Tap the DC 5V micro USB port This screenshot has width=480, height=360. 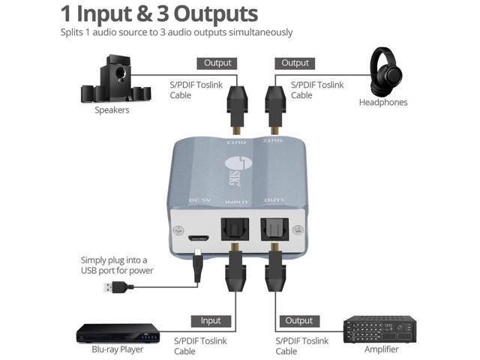click(x=199, y=226)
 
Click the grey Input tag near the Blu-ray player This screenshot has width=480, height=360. click(x=211, y=321)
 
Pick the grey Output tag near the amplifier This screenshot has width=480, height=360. click(x=298, y=321)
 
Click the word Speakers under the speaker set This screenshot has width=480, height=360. click(x=112, y=110)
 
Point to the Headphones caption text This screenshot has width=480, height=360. click(x=382, y=102)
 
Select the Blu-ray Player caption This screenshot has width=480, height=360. click(x=118, y=350)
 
